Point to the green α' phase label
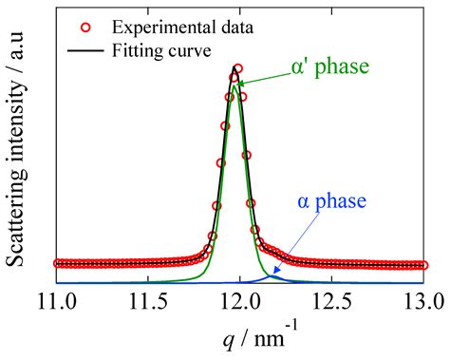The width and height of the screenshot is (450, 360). [328, 67]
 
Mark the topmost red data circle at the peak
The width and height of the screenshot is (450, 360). [237, 68]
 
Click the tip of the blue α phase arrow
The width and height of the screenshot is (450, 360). [273, 275]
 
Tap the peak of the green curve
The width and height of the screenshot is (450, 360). [234, 85]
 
